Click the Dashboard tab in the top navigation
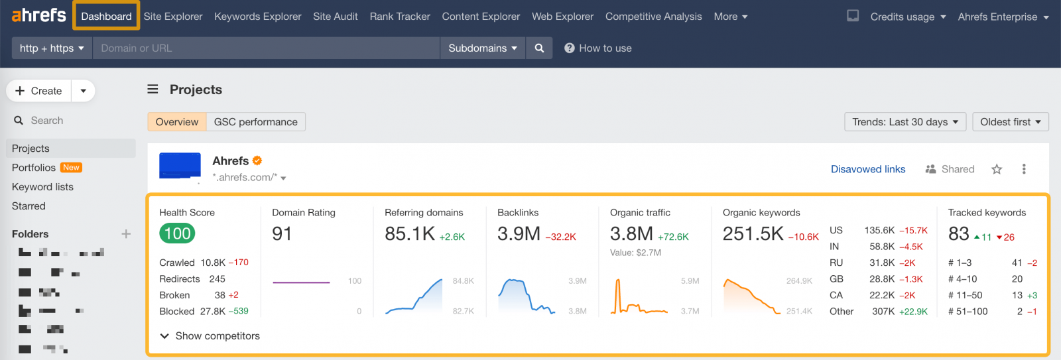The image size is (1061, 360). pyautogui.click(x=106, y=17)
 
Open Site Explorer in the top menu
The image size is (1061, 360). pyautogui.click(x=173, y=17)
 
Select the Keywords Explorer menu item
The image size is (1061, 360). pyautogui.click(x=257, y=17)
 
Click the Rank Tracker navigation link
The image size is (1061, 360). pyautogui.click(x=400, y=17)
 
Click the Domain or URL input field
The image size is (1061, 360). pyautogui.click(x=265, y=48)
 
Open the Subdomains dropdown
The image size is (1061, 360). pyautogui.click(x=482, y=48)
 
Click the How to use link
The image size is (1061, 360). pyautogui.click(x=598, y=48)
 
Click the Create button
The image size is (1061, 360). pyautogui.click(x=39, y=91)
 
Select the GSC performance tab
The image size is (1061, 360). pyautogui.click(x=255, y=122)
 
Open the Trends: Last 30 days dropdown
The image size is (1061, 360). pyautogui.click(x=905, y=122)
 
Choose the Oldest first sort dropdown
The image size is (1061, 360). pyautogui.click(x=1010, y=122)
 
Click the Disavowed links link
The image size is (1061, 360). pyautogui.click(x=867, y=169)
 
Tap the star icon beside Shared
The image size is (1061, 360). pyautogui.click(x=996, y=170)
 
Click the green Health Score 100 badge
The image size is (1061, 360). pyautogui.click(x=177, y=233)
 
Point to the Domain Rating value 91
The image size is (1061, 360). pyautogui.click(x=282, y=234)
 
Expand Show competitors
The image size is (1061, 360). pyautogui.click(x=210, y=336)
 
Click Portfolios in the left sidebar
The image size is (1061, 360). pyautogui.click(x=34, y=168)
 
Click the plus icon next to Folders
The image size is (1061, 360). pyautogui.click(x=126, y=234)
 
